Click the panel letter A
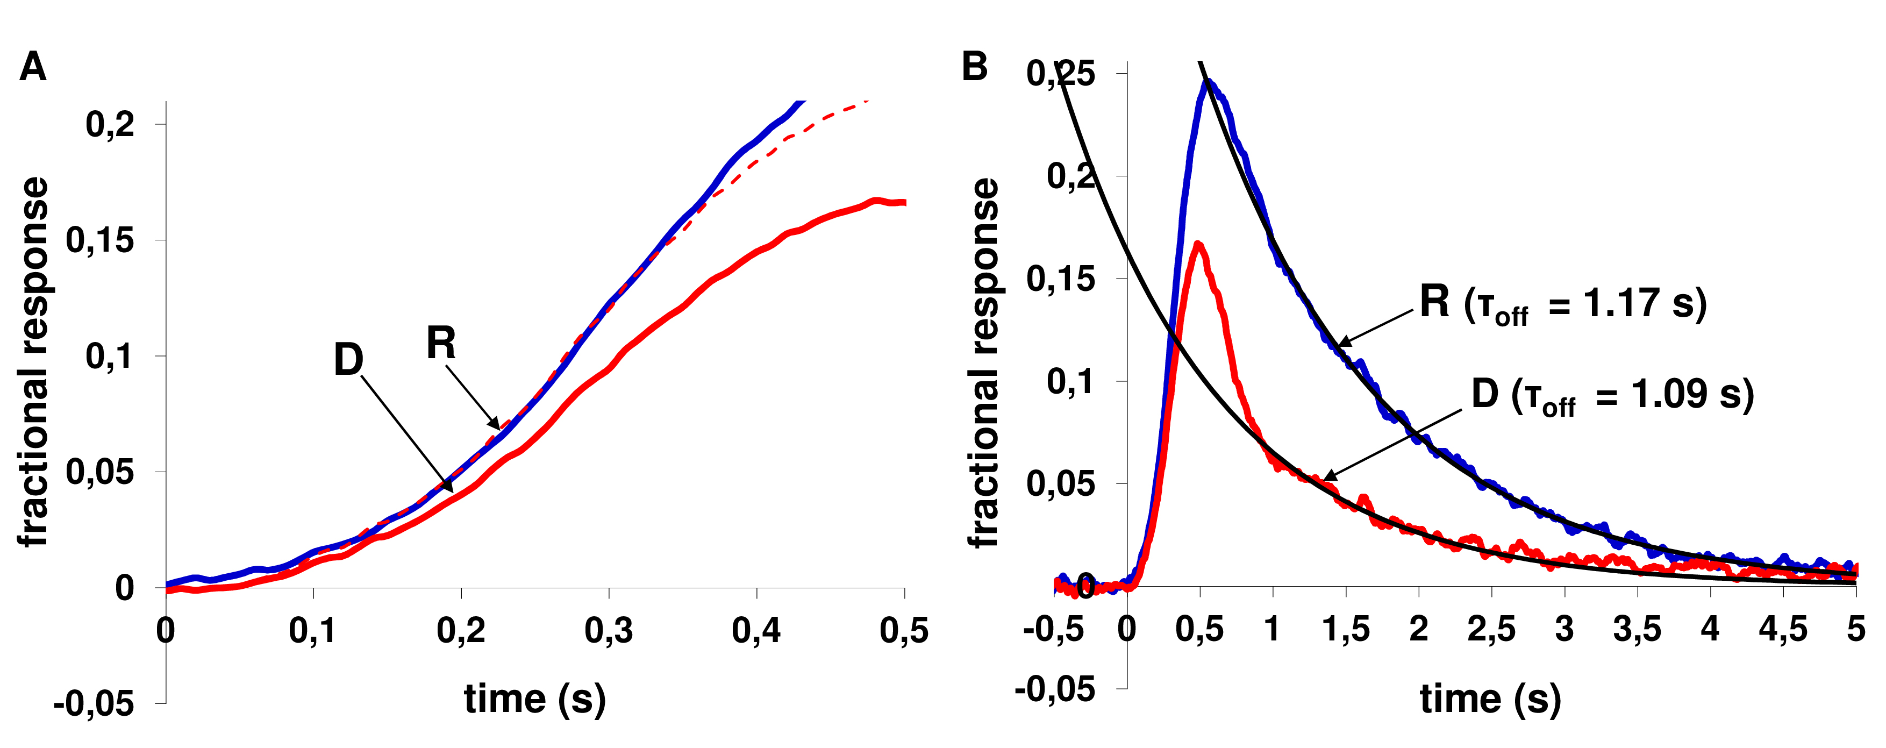(x=33, y=67)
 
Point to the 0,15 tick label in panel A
(x=101, y=240)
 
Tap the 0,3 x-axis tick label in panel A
(x=609, y=630)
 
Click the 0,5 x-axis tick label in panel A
(x=903, y=630)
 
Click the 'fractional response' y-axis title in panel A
(x=33, y=362)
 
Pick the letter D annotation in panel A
(x=348, y=360)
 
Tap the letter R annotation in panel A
(x=441, y=343)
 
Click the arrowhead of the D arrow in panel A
(x=451, y=489)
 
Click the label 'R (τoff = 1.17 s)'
(x=1562, y=303)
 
